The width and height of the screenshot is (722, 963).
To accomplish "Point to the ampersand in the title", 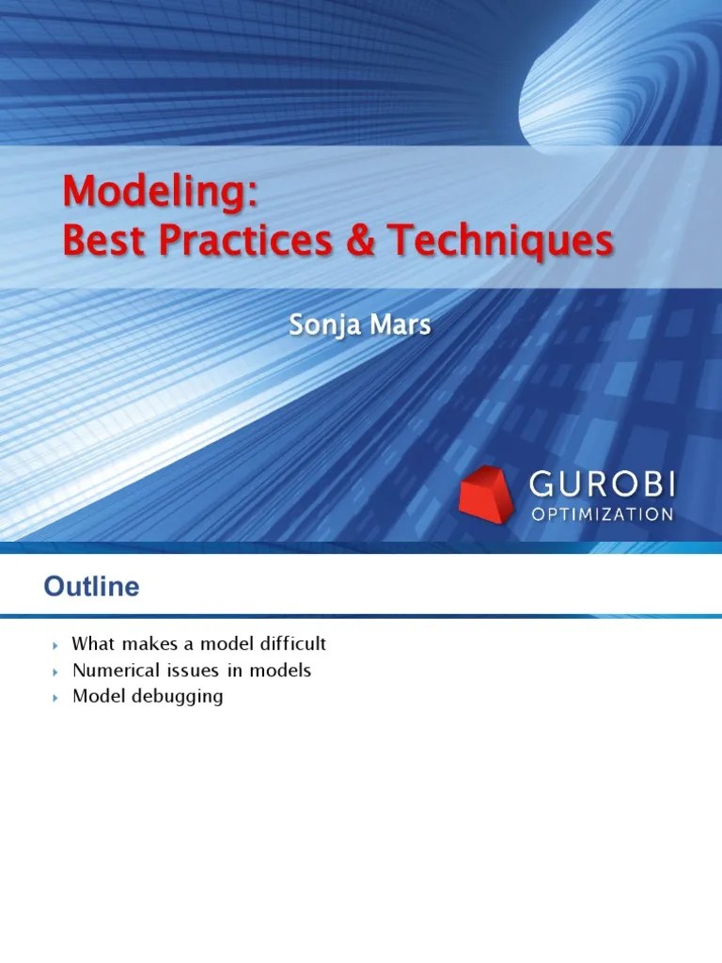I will click(x=361, y=241).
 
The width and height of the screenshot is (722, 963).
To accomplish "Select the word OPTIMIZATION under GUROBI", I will click(x=602, y=514).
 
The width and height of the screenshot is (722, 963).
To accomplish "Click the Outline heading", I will click(x=91, y=588).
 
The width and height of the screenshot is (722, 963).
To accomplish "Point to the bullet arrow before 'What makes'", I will click(x=55, y=646).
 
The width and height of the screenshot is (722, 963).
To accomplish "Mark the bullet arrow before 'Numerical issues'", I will click(x=55, y=672).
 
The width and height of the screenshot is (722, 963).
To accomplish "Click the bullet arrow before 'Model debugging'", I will click(x=55, y=699).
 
